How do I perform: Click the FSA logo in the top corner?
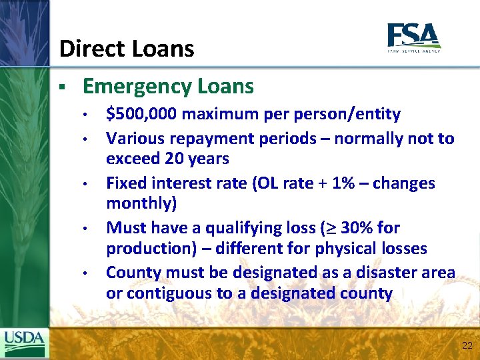point(413,37)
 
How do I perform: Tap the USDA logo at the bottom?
point(25,343)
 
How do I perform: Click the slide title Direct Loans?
point(127,49)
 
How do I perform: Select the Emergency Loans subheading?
point(168,87)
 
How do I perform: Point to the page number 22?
point(466,345)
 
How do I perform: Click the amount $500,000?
point(141,115)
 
